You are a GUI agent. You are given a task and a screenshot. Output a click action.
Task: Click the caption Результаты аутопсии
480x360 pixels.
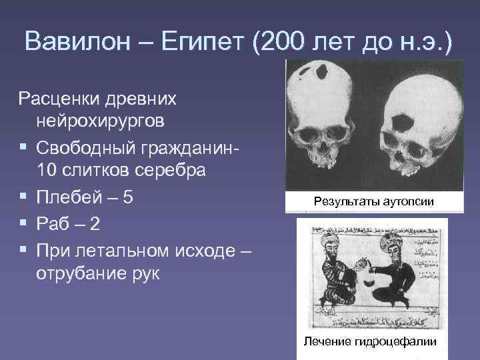click(374, 202)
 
